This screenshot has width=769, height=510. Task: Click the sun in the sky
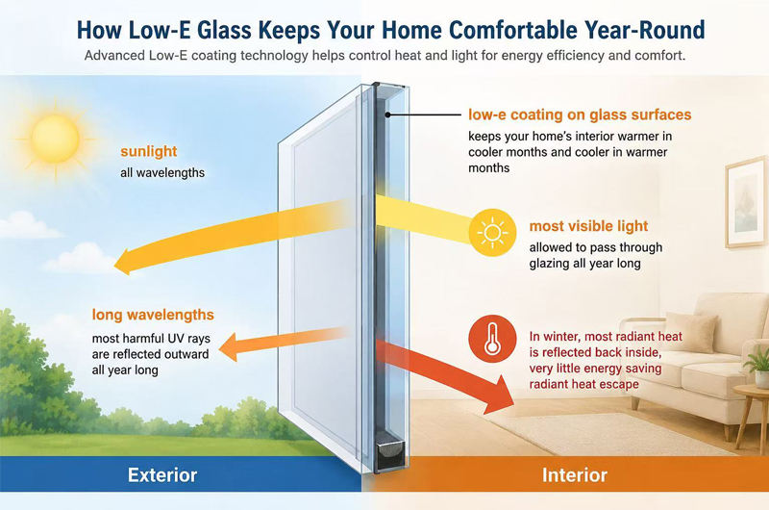click(56, 140)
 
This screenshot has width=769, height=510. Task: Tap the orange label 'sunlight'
click(149, 152)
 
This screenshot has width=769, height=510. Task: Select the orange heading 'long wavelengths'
click(153, 315)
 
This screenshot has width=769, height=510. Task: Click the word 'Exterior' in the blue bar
click(162, 475)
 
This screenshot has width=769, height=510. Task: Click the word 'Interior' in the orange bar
click(574, 475)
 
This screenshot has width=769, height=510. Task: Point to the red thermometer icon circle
click(492, 339)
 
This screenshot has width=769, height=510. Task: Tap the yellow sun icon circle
click(492, 233)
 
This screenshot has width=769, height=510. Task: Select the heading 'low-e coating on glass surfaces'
click(580, 115)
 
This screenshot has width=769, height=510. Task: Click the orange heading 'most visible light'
click(588, 226)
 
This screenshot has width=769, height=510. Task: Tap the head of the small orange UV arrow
click(220, 349)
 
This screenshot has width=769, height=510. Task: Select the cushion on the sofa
click(700, 332)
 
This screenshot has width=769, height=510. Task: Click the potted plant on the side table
click(758, 366)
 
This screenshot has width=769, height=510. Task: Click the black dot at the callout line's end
click(387, 115)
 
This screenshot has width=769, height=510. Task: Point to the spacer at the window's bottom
click(390, 455)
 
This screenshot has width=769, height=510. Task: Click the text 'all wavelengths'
click(162, 173)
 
